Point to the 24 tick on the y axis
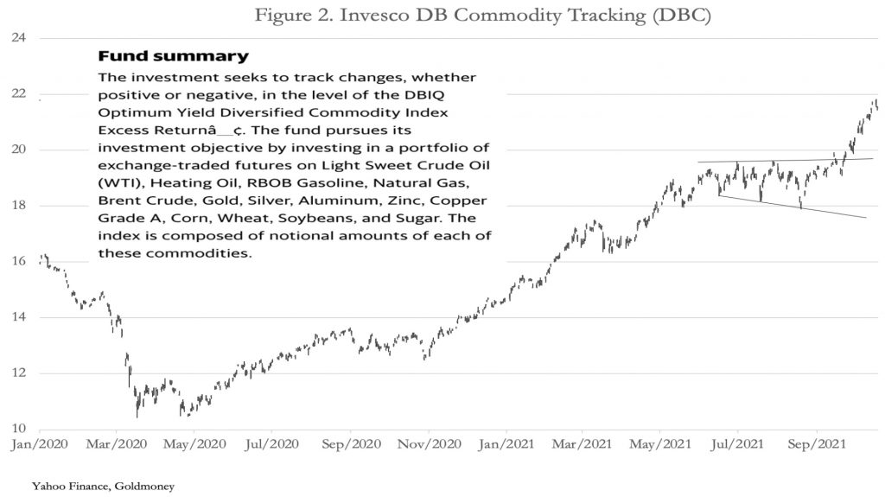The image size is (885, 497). coord(19,38)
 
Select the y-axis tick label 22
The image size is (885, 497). coord(19,94)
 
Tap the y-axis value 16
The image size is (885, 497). coord(19,262)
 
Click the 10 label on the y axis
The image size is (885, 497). coord(19,430)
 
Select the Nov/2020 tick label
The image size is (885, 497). coord(428,447)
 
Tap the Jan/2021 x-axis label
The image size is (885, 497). coord(506,447)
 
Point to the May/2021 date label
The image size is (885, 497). coord(659,447)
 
